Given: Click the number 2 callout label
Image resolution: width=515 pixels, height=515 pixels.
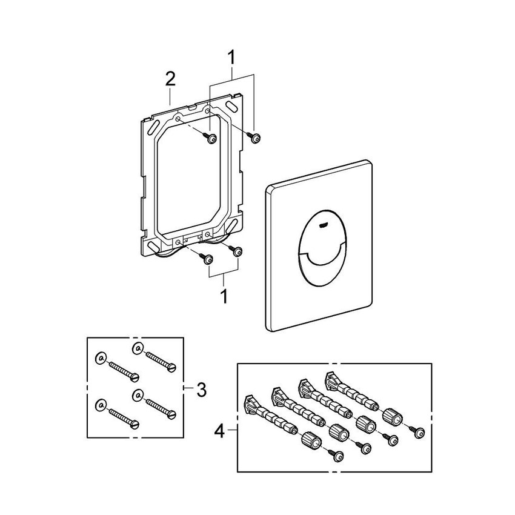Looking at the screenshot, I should (171, 79).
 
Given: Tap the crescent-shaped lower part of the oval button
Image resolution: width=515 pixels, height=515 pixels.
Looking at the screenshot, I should (321, 261).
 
